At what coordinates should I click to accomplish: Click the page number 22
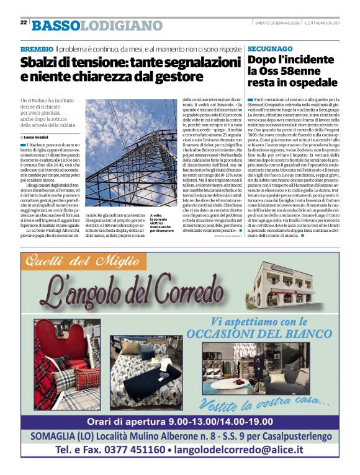(23, 22)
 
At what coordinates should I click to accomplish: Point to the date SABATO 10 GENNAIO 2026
(279, 23)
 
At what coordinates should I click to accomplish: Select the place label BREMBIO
(36, 48)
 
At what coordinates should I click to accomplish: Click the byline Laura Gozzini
(39, 136)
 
